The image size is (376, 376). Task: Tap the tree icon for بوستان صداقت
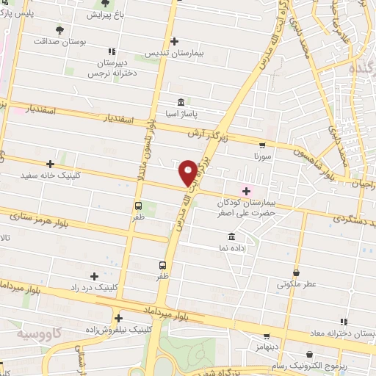click(x=59, y=31)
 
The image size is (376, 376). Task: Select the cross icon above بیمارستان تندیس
click(x=173, y=41)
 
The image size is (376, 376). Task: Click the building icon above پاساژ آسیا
click(x=181, y=102)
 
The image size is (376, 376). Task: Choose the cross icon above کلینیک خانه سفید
click(x=50, y=164)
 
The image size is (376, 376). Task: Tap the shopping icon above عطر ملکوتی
click(x=296, y=272)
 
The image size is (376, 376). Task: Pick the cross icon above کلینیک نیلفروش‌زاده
click(x=117, y=318)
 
